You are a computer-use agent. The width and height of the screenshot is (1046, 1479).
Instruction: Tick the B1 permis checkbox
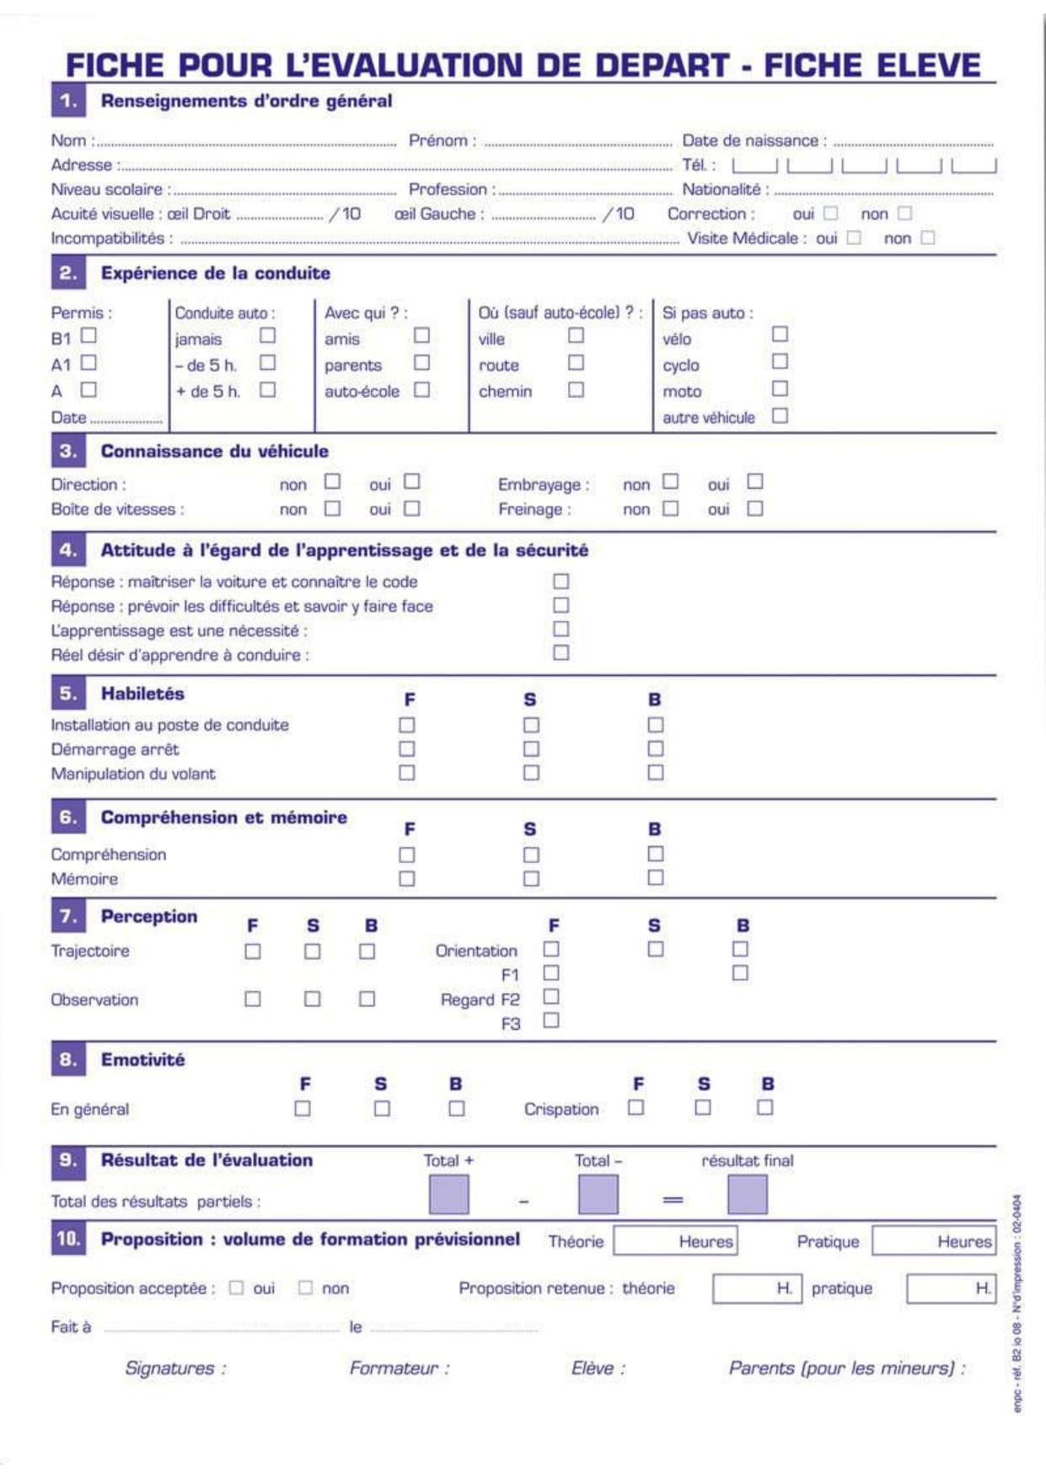tap(89, 335)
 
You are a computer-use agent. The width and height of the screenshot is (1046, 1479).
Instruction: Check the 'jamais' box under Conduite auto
tap(267, 335)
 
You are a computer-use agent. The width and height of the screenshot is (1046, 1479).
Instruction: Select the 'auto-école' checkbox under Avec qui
tap(421, 389)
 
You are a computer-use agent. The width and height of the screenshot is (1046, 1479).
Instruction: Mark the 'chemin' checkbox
tap(576, 389)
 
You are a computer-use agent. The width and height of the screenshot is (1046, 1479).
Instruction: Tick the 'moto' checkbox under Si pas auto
tap(780, 389)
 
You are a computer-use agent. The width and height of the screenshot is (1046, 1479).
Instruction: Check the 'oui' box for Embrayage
tap(754, 481)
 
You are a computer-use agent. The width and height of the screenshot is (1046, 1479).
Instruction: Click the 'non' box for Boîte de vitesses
tap(333, 508)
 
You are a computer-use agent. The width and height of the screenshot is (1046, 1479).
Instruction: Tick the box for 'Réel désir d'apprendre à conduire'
tap(561, 652)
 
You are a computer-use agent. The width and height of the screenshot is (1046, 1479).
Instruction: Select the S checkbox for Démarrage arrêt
tap(531, 748)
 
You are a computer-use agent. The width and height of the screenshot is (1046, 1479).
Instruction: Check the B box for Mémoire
tap(655, 877)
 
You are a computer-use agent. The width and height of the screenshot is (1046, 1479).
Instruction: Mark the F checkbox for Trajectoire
tap(252, 951)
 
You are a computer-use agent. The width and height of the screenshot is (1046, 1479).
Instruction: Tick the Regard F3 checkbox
tap(551, 1021)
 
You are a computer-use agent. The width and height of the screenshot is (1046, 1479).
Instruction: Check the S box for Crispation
tap(703, 1107)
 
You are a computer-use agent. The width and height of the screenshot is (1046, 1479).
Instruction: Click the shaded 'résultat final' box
tap(747, 1195)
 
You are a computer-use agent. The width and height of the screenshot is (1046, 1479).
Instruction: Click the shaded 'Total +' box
tap(448, 1195)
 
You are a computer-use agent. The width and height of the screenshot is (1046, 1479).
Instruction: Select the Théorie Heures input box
tap(675, 1241)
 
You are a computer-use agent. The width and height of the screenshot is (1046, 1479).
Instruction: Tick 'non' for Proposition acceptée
tap(305, 1288)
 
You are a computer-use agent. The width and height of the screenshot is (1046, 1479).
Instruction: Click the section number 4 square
tap(68, 550)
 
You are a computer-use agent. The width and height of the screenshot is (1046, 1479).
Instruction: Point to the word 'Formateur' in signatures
tap(394, 1368)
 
